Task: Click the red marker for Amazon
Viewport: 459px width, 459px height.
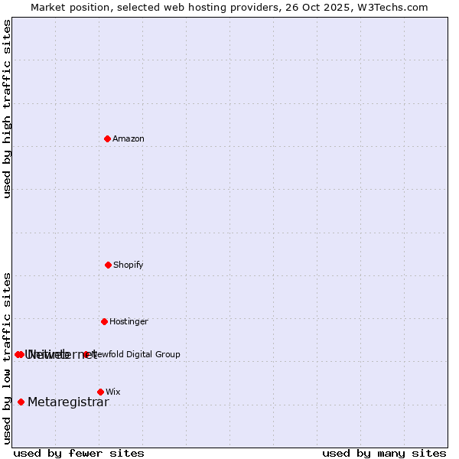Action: coord(107,138)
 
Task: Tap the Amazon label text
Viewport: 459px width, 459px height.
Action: coord(129,138)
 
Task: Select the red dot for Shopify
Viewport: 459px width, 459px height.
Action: coord(108,265)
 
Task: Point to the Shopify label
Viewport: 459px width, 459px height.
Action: coord(129,265)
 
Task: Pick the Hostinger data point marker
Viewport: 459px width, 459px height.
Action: coord(104,321)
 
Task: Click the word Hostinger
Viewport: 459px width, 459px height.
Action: coord(129,321)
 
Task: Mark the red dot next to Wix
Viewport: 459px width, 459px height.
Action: coord(100,392)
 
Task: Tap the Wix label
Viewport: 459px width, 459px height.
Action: coord(113,392)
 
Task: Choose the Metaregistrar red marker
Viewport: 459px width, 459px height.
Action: coord(21,402)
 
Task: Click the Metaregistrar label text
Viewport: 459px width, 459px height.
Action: coord(68,402)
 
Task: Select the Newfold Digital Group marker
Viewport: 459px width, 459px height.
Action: coord(86,354)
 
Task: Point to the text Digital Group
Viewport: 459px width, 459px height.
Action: coord(152,354)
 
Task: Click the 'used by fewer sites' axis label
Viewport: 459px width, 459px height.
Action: coord(79,453)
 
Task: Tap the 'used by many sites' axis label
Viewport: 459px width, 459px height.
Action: coord(384,453)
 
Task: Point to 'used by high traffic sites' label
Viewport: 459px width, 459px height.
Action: coord(7,109)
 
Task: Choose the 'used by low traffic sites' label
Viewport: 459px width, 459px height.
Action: coord(7,358)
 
